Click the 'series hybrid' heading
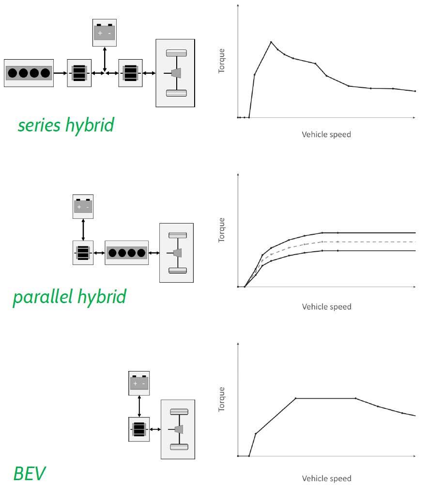pyautogui.click(x=66, y=125)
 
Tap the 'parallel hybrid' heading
pyautogui.click(x=69, y=296)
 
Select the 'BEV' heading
pyautogui.click(x=30, y=473)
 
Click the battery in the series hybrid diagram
pyautogui.click(x=105, y=32)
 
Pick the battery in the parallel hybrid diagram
pyautogui.click(x=83, y=207)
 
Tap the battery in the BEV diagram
pyautogui.click(x=139, y=383)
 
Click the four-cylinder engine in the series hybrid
pyautogui.click(x=29, y=73)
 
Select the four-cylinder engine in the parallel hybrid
pyautogui.click(x=126, y=253)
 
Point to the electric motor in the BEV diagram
pyautogui.click(x=139, y=429)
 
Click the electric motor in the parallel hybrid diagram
pyautogui.click(x=83, y=253)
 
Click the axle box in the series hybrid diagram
pyautogui.click(x=175, y=73)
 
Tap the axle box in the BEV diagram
pyautogui.click(x=178, y=429)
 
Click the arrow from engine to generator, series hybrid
pyautogui.click(x=60, y=73)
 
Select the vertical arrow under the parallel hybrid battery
pyautogui.click(x=83, y=229)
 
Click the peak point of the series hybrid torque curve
pyautogui.click(x=271, y=42)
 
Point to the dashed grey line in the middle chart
pyautogui.click(x=368, y=242)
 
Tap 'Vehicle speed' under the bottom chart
pyautogui.click(x=326, y=479)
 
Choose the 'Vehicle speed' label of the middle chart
pyautogui.click(x=326, y=307)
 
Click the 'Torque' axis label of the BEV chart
pyautogui.click(x=222, y=399)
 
